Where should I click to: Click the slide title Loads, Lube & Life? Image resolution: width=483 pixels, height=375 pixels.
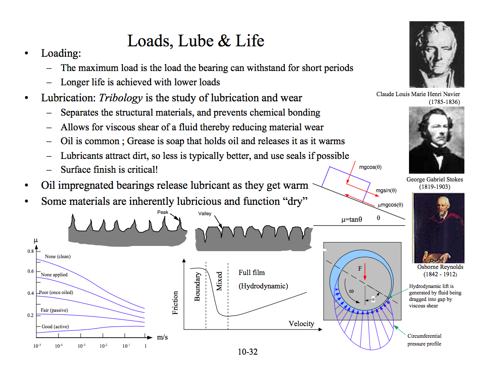coord(196,41)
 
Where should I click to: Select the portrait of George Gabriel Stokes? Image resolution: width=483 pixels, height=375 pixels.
coord(436,140)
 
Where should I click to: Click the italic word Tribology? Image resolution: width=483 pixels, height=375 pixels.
coord(121,97)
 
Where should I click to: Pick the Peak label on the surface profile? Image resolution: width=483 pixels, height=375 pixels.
coord(163,212)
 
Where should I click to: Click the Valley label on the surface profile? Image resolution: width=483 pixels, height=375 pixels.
coord(205,213)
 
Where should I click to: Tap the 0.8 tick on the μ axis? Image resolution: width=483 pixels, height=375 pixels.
coord(30,251)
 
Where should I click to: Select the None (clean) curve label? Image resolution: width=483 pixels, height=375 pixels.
coord(58,256)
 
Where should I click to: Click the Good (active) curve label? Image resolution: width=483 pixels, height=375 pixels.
coord(55,327)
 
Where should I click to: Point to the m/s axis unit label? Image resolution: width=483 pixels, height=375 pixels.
coord(162,337)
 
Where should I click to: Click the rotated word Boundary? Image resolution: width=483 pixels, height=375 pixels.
coord(197,286)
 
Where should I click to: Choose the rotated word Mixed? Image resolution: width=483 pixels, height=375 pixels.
coord(219,281)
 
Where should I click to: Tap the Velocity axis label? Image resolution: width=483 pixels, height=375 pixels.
coord(301,323)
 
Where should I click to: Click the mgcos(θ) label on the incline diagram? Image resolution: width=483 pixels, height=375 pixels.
coord(370,167)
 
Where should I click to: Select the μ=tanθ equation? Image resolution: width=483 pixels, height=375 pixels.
coord(351,220)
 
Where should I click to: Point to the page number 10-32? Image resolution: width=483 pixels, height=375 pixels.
coord(248,352)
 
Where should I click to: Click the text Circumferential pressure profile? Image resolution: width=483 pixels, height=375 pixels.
coord(424,340)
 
